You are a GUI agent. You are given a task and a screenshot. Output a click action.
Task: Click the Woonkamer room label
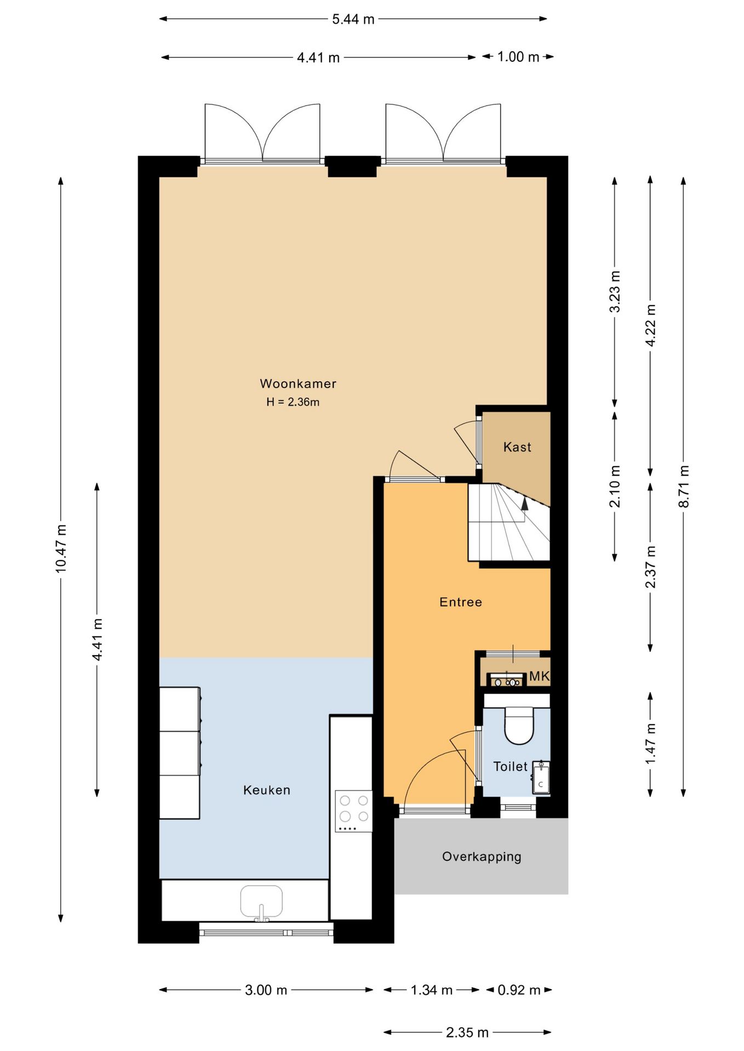click(x=298, y=383)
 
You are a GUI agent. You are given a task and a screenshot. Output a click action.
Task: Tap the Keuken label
click(x=267, y=790)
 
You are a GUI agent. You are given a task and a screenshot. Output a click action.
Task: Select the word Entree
click(x=461, y=602)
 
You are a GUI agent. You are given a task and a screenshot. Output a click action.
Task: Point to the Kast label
click(x=517, y=447)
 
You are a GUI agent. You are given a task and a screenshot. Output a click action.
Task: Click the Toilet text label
click(x=510, y=766)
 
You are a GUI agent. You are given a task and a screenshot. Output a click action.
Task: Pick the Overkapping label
click(x=482, y=857)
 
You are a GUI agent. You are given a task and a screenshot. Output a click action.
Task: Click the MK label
click(x=539, y=676)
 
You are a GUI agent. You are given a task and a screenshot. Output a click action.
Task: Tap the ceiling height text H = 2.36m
click(x=293, y=402)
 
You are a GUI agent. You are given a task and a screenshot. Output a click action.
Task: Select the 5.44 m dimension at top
click(x=353, y=19)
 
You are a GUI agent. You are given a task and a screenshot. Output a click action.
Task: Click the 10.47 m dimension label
click(x=61, y=548)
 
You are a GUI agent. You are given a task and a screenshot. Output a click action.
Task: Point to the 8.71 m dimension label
click(x=684, y=486)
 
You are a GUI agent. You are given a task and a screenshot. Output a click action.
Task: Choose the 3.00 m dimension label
click(x=266, y=990)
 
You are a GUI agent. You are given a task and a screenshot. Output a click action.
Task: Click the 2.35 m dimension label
click(x=467, y=1032)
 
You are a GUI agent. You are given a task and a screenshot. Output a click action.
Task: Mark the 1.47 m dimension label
click(x=650, y=744)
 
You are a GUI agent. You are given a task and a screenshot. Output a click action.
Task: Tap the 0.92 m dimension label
click(x=519, y=990)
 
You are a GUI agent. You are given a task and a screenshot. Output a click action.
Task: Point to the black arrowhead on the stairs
click(x=525, y=504)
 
